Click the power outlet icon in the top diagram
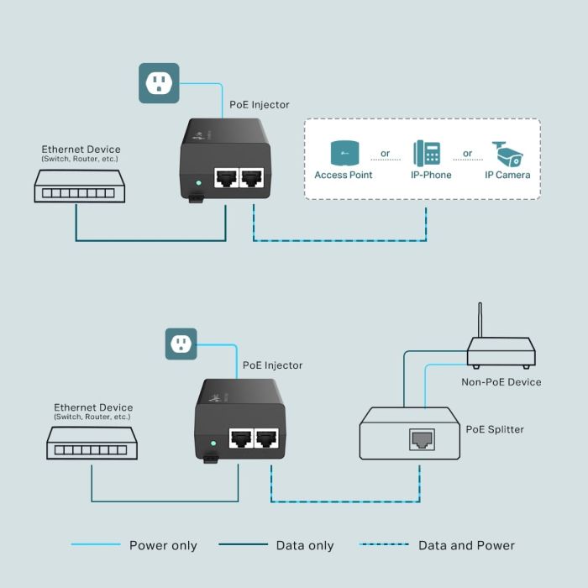pos(159,82)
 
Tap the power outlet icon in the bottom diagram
pos(181,344)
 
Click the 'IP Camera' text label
pos(507,175)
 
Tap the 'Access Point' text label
pos(344,175)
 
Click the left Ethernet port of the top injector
pos(225,178)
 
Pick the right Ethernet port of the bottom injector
pos(267,438)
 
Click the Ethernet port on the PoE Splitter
pos(421,438)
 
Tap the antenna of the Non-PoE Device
pos(480,319)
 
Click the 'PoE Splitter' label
pos(495,429)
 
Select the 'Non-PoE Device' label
pos(501,382)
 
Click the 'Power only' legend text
pos(163,546)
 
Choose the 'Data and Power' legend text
pos(466,546)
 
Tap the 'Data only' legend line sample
pos(243,545)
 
